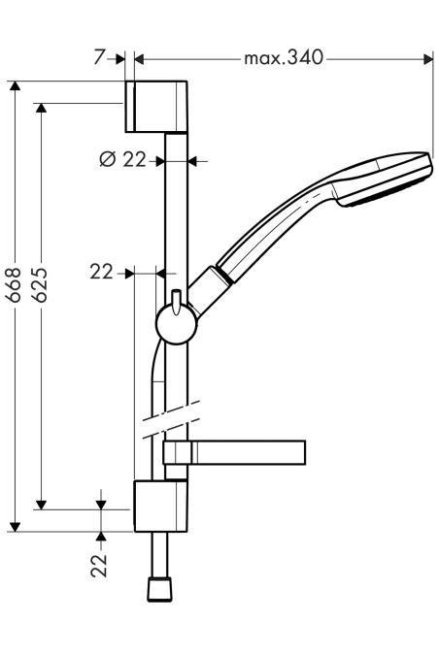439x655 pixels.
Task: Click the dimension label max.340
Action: [284, 57]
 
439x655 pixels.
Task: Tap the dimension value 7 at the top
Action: [99, 57]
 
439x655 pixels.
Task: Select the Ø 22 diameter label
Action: [123, 159]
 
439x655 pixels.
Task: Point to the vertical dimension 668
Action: [15, 285]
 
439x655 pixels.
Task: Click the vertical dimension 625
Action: [40, 285]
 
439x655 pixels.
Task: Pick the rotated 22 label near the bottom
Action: [99, 566]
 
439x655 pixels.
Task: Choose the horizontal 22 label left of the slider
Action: [102, 273]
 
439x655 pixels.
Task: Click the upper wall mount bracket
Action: [156, 106]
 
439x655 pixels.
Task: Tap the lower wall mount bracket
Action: [160, 507]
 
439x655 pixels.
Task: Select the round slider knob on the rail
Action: [177, 324]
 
